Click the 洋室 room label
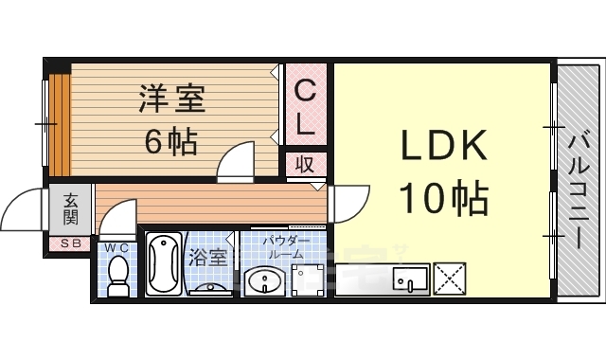(x=172, y=99)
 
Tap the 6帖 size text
(x=170, y=141)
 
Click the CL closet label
(x=305, y=106)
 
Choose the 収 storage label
(x=305, y=164)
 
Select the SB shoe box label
(x=71, y=244)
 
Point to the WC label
(x=117, y=247)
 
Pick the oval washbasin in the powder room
(x=264, y=281)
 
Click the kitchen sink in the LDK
(x=411, y=279)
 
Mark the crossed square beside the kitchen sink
(x=449, y=279)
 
